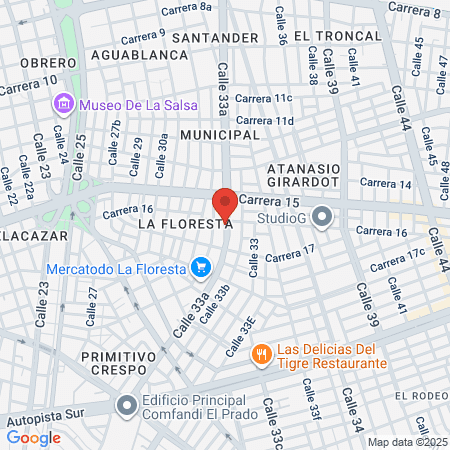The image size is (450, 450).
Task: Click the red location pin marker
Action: pos(225,203)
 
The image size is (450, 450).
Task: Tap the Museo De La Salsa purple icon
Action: pos(65,103)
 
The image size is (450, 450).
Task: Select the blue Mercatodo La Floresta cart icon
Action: pos(202,267)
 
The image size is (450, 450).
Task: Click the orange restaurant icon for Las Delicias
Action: pos(261,353)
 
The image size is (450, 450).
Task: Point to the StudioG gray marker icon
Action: pos(322,216)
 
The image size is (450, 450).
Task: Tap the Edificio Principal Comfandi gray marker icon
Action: pos(126,405)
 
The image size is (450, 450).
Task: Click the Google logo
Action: pos(33,437)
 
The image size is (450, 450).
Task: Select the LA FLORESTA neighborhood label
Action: pos(184,225)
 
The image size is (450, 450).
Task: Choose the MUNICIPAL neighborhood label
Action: pos(220,134)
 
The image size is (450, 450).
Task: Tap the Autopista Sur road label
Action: pos(41,420)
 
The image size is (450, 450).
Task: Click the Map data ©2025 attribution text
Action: pos(407,442)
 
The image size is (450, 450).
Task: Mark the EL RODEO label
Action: pos(421,396)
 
